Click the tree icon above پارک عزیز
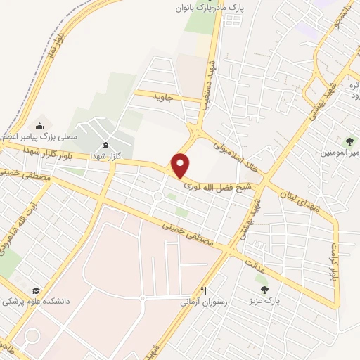264,289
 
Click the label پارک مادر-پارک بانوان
205,8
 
